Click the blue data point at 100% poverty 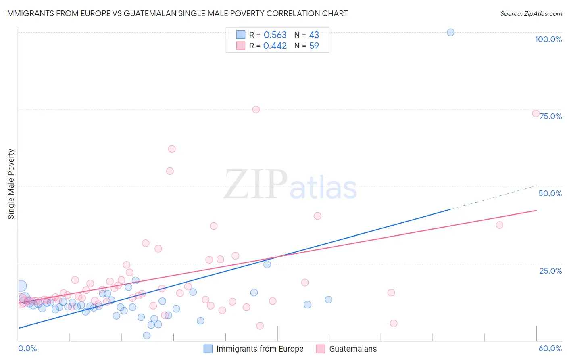[x=450, y=32]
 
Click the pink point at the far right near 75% [x=536, y=113]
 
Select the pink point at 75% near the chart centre [x=256, y=109]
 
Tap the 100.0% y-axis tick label [x=548, y=39]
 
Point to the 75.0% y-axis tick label [x=550, y=116]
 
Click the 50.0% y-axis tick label [x=550, y=193]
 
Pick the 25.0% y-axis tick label [x=550, y=271]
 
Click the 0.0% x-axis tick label [x=27, y=348]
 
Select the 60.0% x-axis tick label [x=550, y=348]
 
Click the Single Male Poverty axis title [x=11, y=184]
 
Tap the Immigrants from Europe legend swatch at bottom [x=208, y=349]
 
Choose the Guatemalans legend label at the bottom [x=353, y=349]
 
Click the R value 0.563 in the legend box [x=275, y=35]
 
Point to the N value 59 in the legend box [x=314, y=46]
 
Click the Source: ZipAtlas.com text [x=531, y=14]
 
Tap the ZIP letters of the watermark [x=255, y=184]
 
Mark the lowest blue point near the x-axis [x=147, y=335]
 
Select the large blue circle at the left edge [x=21, y=286]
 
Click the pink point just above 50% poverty [x=170, y=171]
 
